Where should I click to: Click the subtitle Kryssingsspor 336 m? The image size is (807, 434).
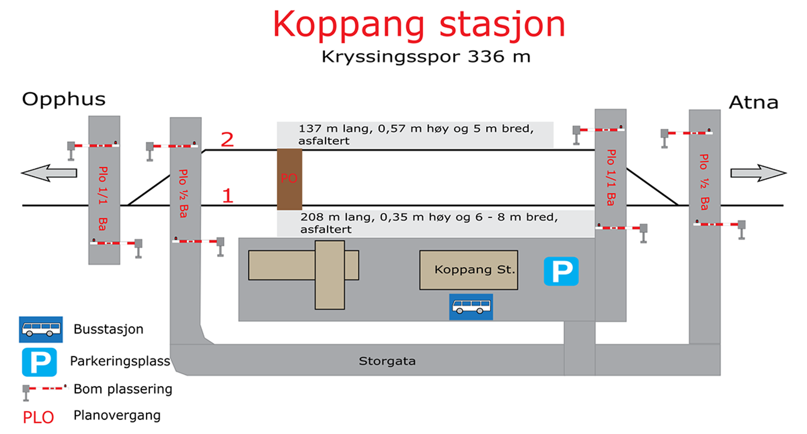pyautogui.click(x=426, y=57)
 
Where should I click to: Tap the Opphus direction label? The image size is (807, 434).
pyautogui.click(x=64, y=99)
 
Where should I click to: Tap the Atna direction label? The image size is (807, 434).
pyautogui.click(x=754, y=103)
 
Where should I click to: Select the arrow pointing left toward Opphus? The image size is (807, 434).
pyautogui.click(x=49, y=173)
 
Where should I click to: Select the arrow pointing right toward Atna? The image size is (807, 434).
pyautogui.click(x=759, y=173)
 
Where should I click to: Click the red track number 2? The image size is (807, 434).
pyautogui.click(x=227, y=139)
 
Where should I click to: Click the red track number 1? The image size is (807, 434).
pyautogui.click(x=227, y=196)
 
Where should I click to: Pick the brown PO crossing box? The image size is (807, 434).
pyautogui.click(x=290, y=179)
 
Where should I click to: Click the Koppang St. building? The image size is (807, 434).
pyautogui.click(x=469, y=270)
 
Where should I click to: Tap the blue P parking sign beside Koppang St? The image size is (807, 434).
pyautogui.click(x=561, y=271)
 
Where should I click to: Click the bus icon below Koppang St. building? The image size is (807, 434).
pyautogui.click(x=471, y=307)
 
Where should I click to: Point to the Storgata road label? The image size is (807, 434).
pyautogui.click(x=387, y=361)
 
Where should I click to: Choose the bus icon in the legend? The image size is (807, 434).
pyautogui.click(x=41, y=330)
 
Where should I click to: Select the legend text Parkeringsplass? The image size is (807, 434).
pyautogui.click(x=120, y=361)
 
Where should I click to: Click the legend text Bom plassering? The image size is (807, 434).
pyautogui.click(x=123, y=389)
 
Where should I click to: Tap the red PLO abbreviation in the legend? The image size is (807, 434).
pyautogui.click(x=38, y=417)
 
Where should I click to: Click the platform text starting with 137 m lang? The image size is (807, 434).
pyautogui.click(x=416, y=134)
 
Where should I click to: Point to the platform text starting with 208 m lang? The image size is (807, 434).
pyautogui.click(x=429, y=223)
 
